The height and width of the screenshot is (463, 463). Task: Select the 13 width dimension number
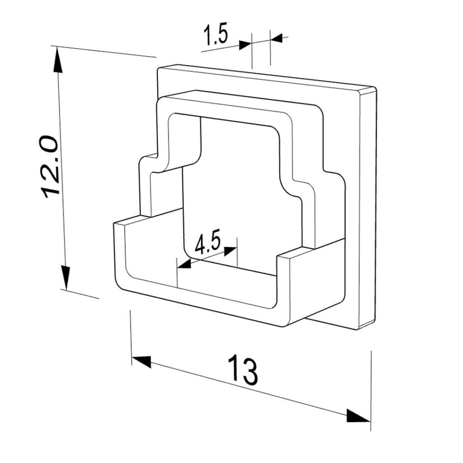click(x=242, y=369)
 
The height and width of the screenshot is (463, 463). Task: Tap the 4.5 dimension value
click(x=207, y=244)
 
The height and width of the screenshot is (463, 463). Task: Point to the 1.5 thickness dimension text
click(x=216, y=35)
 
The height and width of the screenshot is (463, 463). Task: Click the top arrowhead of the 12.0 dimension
click(x=58, y=61)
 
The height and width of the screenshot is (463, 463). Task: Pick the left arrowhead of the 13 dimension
click(x=142, y=362)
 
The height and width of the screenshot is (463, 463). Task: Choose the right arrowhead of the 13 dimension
click(x=359, y=416)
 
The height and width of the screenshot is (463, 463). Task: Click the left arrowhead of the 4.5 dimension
click(x=184, y=264)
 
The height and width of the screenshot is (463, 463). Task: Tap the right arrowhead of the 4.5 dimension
click(x=231, y=251)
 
